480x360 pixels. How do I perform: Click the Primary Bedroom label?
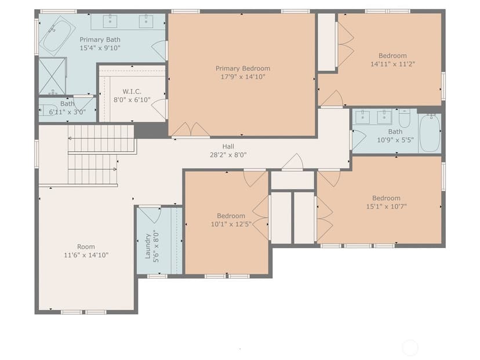[x=243, y=68]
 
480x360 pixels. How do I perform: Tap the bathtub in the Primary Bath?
[x=57, y=35]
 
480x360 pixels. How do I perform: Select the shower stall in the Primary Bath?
[x=52, y=76]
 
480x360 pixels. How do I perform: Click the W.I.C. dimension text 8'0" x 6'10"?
[x=132, y=100]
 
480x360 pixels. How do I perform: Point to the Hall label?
[x=228, y=147]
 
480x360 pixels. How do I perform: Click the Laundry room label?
[x=148, y=246]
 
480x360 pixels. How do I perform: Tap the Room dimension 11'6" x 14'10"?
[x=86, y=255]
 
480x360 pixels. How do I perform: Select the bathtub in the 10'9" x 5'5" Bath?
[x=430, y=133]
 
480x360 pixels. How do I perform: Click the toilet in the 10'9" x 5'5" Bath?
[x=405, y=119]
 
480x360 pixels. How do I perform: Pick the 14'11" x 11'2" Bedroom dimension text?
[x=393, y=64]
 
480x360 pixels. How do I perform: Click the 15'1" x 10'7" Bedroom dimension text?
[x=386, y=206]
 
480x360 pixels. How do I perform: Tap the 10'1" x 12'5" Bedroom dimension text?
[x=231, y=224]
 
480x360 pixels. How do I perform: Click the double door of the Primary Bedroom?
[x=191, y=130]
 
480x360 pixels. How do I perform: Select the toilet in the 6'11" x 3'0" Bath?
[x=48, y=110]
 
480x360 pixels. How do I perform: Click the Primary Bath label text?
[x=100, y=39]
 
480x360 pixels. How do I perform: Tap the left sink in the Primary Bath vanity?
[x=110, y=21]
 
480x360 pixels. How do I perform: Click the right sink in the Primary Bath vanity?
[x=146, y=21]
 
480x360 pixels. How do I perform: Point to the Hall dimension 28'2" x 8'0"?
[x=228, y=155]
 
